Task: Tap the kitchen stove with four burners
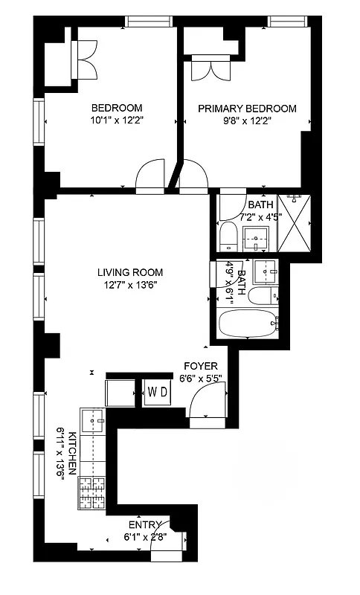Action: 93,492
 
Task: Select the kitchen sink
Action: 94,422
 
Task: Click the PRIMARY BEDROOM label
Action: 247,109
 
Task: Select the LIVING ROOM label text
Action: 131,272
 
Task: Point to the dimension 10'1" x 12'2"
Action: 116,120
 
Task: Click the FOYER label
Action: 201,366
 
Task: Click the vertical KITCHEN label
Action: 72,452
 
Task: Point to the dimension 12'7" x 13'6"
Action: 131,284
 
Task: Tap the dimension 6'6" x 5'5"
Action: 201,377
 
